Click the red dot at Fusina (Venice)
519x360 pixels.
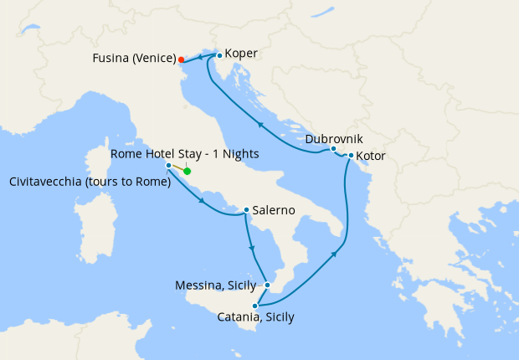click(x=182, y=59)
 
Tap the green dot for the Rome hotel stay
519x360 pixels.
click(x=188, y=172)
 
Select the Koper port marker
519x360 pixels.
click(x=218, y=55)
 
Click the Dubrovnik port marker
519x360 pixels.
click(x=333, y=149)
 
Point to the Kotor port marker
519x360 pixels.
click(x=350, y=156)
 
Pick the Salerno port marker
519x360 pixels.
click(x=246, y=210)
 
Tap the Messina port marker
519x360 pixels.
click(x=266, y=285)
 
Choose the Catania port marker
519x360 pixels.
click(x=254, y=306)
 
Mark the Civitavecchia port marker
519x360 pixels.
click(x=169, y=166)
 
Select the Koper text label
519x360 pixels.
click(x=241, y=54)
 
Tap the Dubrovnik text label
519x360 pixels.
click(x=334, y=137)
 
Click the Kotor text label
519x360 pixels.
click(x=371, y=156)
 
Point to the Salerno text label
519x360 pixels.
click(x=273, y=211)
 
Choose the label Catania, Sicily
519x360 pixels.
click(x=255, y=317)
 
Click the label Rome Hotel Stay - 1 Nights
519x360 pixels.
click(x=185, y=154)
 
